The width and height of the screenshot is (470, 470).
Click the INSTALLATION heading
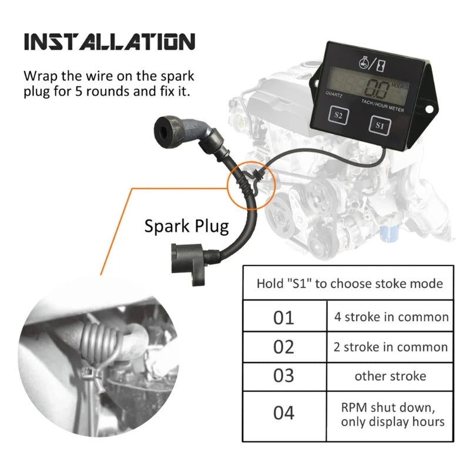point(110,42)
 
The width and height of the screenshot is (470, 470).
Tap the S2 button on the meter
point(338,115)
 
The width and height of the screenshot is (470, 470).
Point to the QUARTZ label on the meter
point(334,95)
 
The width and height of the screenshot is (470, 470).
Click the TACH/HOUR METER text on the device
point(383,106)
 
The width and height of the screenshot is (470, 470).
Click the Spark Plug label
point(186,226)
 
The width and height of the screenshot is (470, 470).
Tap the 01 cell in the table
point(284,316)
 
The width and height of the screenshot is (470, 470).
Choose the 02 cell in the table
point(284,347)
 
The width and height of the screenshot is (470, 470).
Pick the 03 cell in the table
point(284,377)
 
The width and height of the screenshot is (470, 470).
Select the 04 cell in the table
point(284,416)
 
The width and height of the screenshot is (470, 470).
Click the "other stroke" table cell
point(390,377)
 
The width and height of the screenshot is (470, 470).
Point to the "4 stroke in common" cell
point(390,316)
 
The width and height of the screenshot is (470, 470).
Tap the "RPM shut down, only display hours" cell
point(390,416)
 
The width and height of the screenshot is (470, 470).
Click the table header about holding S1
point(348,283)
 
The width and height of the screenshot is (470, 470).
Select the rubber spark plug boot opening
point(163,131)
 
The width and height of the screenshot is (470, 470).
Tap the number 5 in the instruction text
point(78,91)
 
